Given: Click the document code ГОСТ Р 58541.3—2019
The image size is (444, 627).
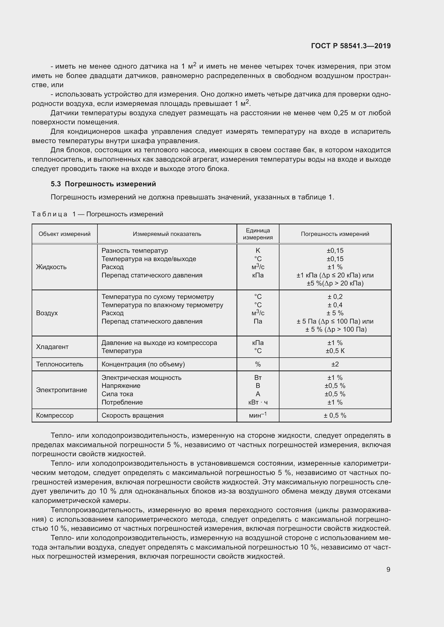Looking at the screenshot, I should [351, 46].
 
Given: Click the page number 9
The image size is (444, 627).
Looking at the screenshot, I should [388, 569].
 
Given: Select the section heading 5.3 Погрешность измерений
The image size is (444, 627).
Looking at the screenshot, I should [103, 184].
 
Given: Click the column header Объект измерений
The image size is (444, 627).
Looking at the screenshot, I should [64, 234].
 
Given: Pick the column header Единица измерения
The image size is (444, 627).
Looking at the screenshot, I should [257, 234].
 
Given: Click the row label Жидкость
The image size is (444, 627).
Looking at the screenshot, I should [51, 267].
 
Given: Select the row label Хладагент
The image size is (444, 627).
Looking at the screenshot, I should [52, 347].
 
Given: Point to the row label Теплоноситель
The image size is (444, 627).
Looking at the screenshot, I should [60, 364].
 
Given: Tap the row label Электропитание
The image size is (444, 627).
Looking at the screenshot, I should [61, 390].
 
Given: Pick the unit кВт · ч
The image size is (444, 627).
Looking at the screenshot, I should [257, 402].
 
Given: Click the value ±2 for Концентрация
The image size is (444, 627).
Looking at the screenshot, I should [335, 364].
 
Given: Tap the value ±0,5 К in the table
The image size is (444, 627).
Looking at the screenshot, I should [335, 351].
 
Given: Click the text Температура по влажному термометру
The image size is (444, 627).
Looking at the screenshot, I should [162, 305].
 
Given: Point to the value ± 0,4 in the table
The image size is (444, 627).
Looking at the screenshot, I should [335, 305].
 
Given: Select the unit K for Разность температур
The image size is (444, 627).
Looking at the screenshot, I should [257, 251].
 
